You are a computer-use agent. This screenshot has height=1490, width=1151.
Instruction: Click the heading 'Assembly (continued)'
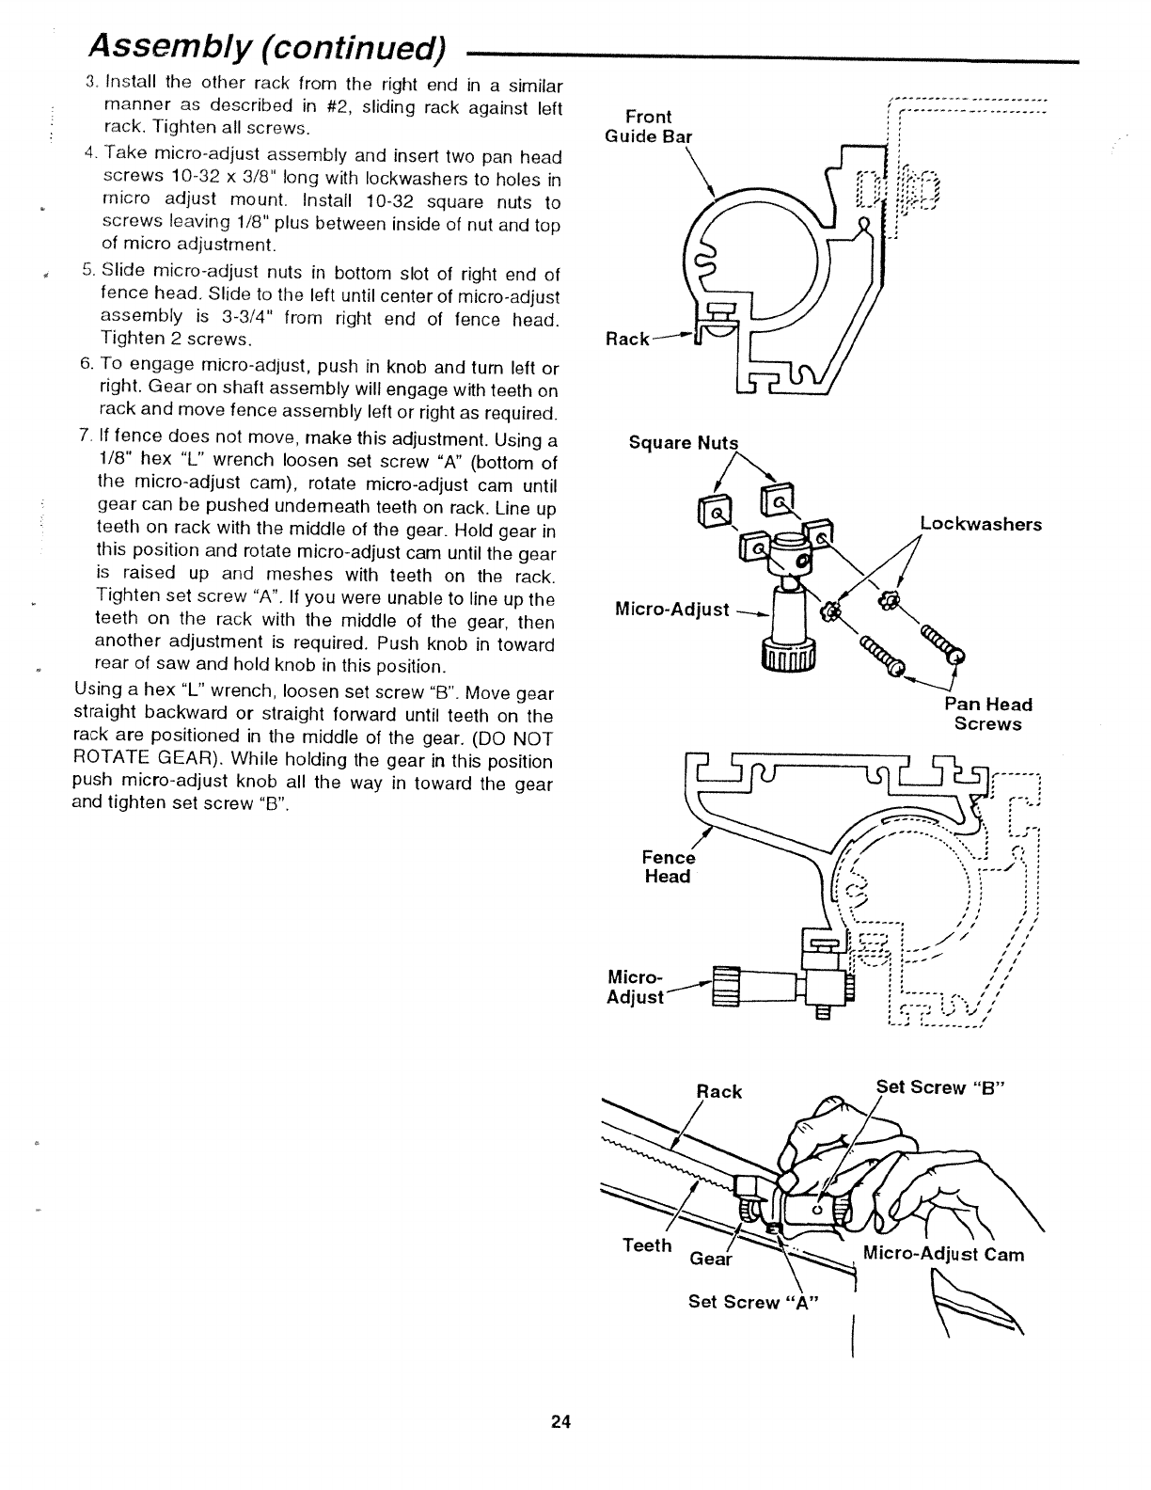266,45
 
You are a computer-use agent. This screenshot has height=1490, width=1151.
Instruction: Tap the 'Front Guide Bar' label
658,126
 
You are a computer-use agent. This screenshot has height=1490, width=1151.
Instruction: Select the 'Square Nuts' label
684,443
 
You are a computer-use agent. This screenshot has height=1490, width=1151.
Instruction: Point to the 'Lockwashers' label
980,524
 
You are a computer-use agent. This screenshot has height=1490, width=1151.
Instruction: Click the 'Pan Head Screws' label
987,714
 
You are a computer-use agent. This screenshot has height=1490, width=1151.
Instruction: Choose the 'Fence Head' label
668,867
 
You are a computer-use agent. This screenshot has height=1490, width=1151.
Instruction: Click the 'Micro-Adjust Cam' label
943,1254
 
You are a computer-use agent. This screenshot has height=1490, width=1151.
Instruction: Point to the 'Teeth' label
647,1245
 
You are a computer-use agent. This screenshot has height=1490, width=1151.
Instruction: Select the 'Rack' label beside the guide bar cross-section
627,339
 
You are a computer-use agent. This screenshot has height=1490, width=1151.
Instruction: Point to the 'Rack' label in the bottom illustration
718,1091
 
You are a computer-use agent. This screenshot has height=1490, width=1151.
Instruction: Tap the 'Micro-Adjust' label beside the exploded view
671,610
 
